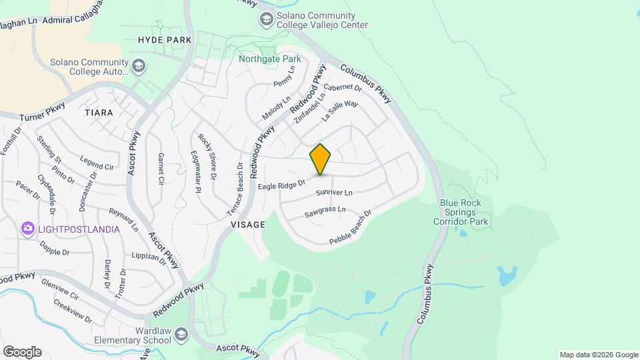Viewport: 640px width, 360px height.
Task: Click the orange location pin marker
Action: click(321, 159)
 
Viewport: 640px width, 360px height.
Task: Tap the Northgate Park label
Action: click(270, 59)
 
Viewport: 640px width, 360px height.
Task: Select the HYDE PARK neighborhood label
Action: click(165, 40)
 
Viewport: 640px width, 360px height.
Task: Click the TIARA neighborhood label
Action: click(99, 113)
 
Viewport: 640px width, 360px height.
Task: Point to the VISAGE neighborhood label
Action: click(248, 225)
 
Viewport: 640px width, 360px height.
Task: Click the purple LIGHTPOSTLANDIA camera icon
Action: click(27, 229)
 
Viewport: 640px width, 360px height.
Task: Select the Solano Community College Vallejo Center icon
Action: click(267, 19)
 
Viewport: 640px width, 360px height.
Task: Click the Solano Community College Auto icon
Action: click(139, 65)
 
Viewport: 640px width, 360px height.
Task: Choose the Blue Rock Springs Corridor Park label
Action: click(464, 213)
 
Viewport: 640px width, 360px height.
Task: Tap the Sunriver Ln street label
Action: click(333, 193)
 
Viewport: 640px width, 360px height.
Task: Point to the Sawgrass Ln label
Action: click(325, 212)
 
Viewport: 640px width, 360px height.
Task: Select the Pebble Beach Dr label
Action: click(350, 227)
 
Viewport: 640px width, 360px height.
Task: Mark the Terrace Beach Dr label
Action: click(235, 189)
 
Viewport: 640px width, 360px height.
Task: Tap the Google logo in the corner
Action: click(22, 351)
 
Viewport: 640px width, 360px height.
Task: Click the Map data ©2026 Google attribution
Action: click(598, 355)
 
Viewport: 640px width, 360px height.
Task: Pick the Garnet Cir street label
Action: click(161, 168)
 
